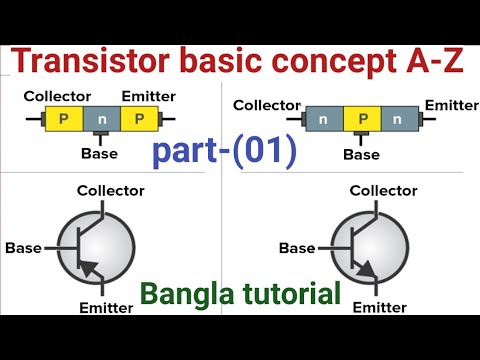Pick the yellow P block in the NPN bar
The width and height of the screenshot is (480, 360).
coord(362,120)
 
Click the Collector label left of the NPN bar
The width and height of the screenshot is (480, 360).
coord(266,105)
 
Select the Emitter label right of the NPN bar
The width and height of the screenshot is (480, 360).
coord(451,105)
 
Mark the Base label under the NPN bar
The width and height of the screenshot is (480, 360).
coord(362,154)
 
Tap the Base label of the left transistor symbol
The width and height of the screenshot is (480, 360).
coord(22,246)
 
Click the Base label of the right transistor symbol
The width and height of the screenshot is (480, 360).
coord(296,247)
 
